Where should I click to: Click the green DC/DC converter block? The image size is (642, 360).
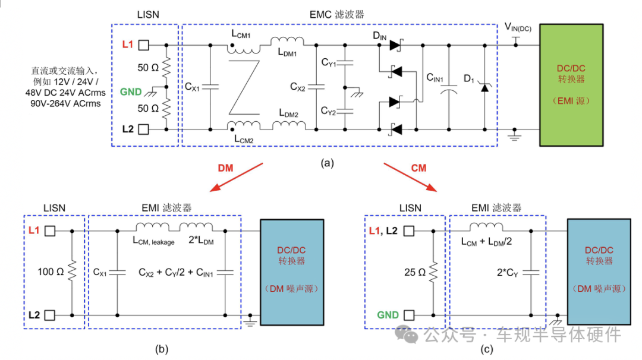571,85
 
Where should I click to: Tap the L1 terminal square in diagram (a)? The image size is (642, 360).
144,45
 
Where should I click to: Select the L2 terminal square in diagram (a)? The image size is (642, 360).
144,130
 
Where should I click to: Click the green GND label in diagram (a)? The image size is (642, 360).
131,91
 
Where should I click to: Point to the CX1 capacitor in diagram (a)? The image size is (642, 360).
210,87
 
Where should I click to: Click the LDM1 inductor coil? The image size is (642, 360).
287,41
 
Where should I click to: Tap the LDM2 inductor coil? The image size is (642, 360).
289,125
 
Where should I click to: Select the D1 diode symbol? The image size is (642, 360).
485,87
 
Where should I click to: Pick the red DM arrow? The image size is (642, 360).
236,178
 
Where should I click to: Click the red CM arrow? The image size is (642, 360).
410,178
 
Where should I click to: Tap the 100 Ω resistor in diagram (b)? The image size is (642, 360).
72,271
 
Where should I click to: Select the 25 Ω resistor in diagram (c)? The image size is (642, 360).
433,272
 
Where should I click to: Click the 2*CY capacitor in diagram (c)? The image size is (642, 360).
531,273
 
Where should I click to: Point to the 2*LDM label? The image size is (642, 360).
201,241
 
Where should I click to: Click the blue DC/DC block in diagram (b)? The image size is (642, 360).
292,273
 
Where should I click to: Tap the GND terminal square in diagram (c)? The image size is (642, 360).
409,315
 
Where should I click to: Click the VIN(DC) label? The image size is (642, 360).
518,27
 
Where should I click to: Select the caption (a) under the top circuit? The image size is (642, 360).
327,163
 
